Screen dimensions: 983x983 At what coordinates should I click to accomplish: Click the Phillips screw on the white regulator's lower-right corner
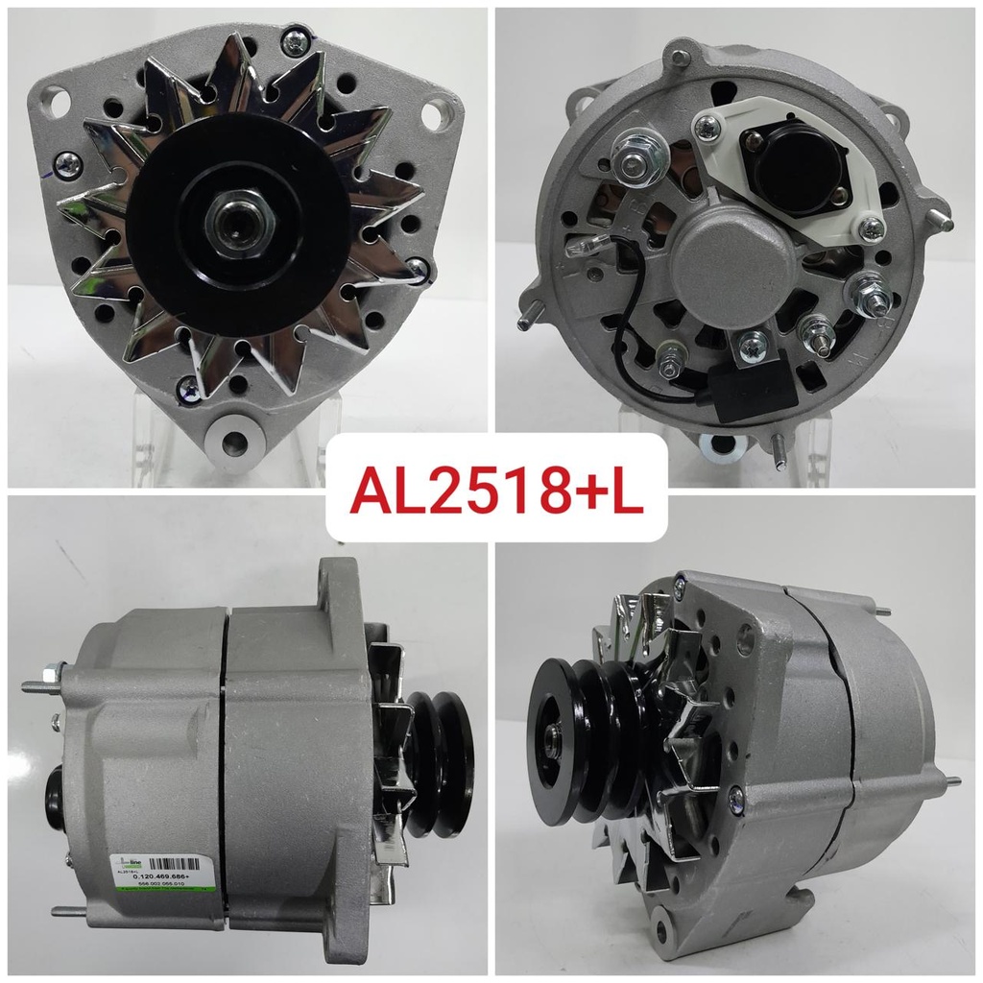[x=870, y=227]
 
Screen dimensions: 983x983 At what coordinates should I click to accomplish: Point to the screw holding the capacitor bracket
[x=753, y=340]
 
